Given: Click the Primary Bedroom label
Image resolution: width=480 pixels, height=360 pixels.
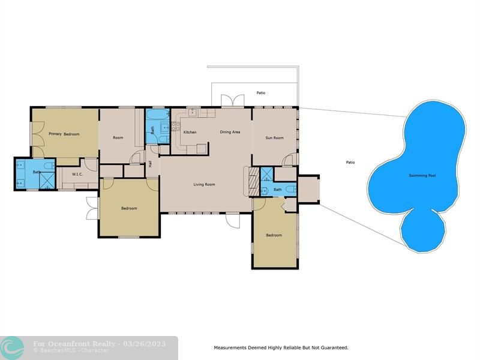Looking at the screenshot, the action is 64,134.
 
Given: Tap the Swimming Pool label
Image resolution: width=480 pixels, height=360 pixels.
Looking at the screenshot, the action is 422,175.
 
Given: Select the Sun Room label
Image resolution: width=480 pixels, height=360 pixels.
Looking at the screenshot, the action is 275,138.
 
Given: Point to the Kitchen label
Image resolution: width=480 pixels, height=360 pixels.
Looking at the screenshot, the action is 190,132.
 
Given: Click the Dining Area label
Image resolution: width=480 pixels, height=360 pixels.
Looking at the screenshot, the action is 230,132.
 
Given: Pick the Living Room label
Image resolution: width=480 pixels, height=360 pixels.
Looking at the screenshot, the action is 204,184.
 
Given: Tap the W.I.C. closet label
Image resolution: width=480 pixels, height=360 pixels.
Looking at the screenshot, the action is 77,175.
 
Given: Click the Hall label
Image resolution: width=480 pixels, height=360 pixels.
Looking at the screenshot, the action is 151,164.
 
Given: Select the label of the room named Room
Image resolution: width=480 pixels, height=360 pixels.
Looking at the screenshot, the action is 118,138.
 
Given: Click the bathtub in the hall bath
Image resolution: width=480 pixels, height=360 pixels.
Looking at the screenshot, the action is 158,115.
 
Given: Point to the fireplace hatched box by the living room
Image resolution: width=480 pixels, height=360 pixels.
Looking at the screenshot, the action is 254,181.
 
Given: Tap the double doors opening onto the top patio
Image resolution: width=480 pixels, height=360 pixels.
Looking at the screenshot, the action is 233,100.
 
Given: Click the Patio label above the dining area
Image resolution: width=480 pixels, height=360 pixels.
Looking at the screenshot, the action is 261,93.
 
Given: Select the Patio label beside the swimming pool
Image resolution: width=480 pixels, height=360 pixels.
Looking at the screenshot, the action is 350,162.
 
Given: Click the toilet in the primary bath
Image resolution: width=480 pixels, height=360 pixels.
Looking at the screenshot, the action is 49,166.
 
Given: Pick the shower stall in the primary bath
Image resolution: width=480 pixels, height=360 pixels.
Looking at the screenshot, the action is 47,181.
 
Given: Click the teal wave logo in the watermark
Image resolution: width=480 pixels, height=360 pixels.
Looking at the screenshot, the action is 12,348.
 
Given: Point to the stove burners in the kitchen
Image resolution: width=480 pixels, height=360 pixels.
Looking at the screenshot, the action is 176,126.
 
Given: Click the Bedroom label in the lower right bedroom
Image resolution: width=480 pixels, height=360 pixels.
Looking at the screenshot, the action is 274,235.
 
